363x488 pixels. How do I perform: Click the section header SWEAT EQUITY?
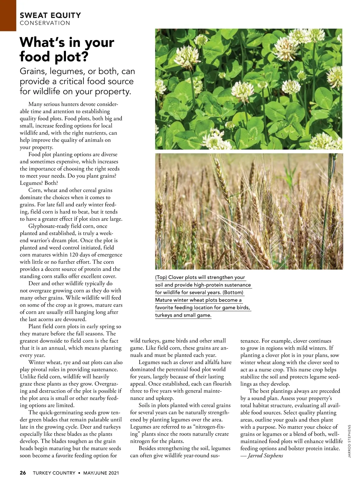50,15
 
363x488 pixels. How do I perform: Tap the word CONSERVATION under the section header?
45,23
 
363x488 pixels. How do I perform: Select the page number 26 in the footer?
23,473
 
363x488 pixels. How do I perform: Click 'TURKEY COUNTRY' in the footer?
54,473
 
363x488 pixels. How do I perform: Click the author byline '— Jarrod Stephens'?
262,456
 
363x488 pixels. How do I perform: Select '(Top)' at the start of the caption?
161,277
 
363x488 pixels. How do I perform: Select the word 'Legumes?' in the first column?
31,183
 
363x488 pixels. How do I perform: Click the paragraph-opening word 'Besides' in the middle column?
148,448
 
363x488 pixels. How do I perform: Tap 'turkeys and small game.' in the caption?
183,315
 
